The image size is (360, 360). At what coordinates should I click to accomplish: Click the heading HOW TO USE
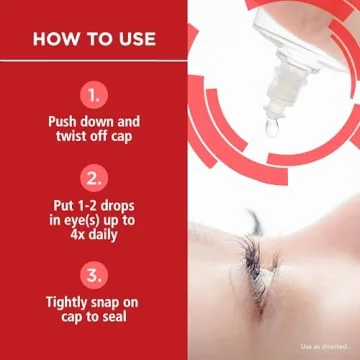[x=93, y=39]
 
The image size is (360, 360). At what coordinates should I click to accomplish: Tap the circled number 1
[x=93, y=96]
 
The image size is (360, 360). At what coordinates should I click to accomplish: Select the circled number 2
[x=93, y=181]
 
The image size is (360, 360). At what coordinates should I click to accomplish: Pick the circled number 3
[x=93, y=272]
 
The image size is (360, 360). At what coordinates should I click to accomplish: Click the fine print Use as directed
[x=323, y=347]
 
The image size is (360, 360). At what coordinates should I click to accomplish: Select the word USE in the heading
[x=134, y=39]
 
